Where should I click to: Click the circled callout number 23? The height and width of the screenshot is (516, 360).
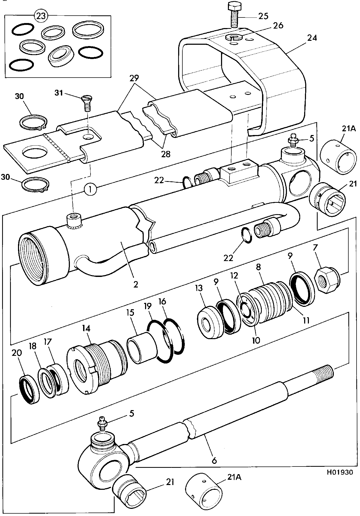41,16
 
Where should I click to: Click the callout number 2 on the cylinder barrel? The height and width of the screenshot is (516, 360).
136,284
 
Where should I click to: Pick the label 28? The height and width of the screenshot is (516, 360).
166,154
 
